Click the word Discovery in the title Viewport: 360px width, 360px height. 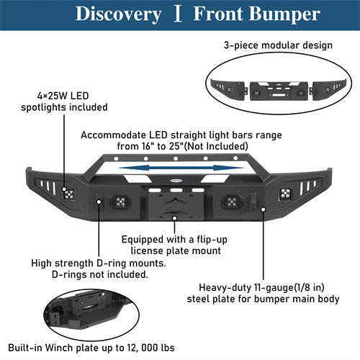pyautogui.click(x=118, y=14)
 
